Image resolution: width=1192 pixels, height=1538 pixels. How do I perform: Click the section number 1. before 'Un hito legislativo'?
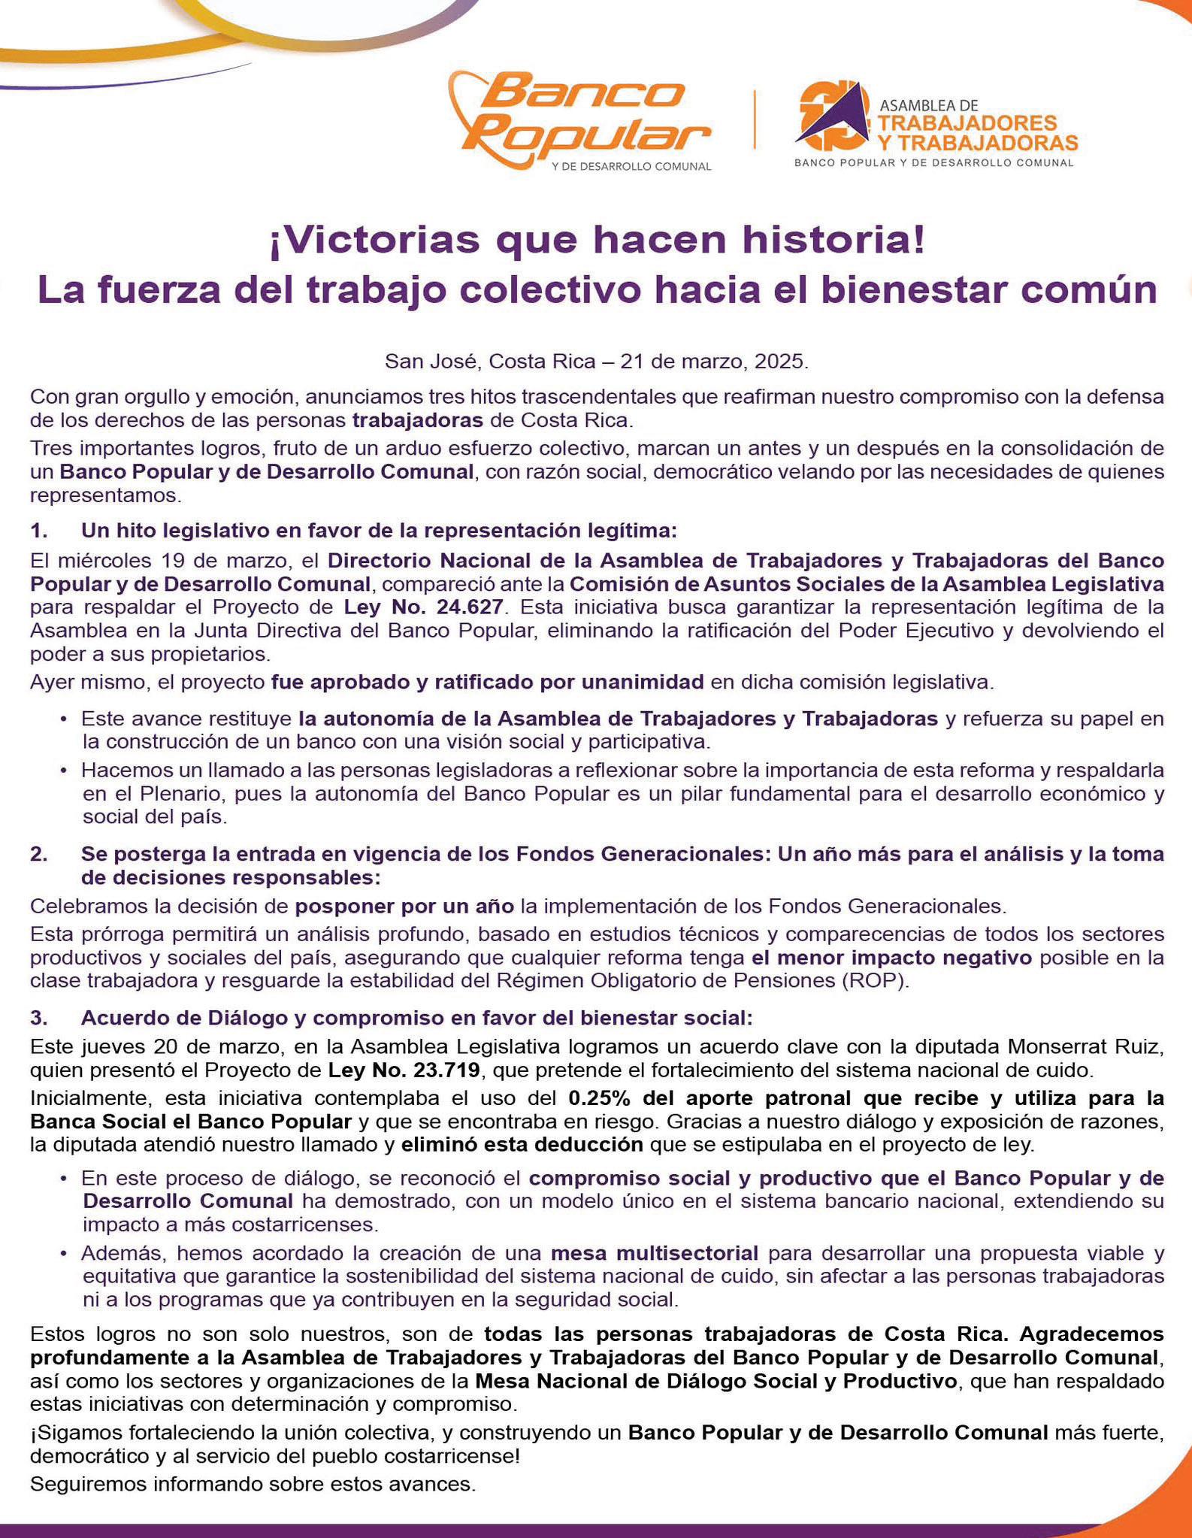[40, 531]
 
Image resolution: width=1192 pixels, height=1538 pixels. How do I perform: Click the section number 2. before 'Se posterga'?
[40, 854]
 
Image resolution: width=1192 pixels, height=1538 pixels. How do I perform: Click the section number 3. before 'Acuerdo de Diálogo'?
[40, 1018]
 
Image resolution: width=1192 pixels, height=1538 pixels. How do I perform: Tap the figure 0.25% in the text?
[599, 1098]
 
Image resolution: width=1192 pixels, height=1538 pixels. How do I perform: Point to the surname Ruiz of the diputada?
[1139, 1046]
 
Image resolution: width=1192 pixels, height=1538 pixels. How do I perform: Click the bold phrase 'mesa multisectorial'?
[654, 1253]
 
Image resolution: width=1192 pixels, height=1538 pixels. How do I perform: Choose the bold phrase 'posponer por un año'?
[404, 905]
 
